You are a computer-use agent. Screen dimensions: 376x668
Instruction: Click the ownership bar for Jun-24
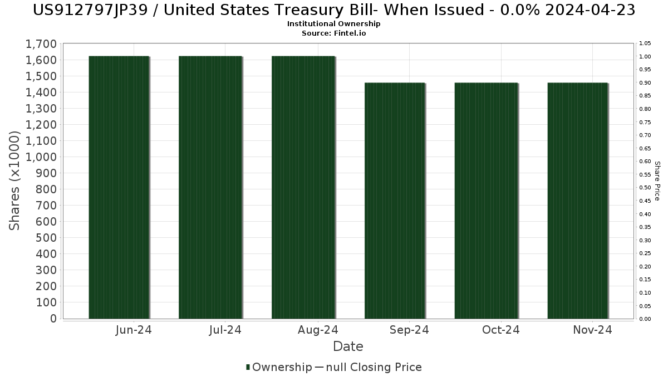pyautogui.click(x=119, y=187)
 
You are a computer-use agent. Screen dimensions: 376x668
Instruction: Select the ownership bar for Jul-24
pyautogui.click(x=210, y=187)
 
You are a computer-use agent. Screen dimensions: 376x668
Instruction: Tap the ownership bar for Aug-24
pyautogui.click(x=303, y=187)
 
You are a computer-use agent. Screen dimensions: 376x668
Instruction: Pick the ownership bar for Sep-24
pyautogui.click(x=395, y=201)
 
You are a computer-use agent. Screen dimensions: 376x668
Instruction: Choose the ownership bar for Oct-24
pyautogui.click(x=486, y=201)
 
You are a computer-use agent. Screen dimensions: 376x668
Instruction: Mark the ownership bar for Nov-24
pyautogui.click(x=578, y=201)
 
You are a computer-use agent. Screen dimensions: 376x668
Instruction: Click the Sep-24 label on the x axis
pyautogui.click(x=409, y=330)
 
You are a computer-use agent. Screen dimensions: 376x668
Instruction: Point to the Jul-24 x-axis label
pyautogui.click(x=225, y=330)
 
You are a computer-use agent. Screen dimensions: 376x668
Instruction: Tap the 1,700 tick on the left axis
pyautogui.click(x=41, y=44)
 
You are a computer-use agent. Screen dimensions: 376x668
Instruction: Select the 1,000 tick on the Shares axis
pyautogui.click(x=41, y=157)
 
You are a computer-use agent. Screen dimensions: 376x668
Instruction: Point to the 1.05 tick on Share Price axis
pyautogui.click(x=645, y=43)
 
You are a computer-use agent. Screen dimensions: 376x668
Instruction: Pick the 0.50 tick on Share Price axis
pyautogui.click(x=645, y=188)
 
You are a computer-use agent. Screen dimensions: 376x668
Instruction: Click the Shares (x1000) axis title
pyautogui.click(x=15, y=180)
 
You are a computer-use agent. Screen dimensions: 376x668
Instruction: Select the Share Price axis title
pyautogui.click(x=657, y=181)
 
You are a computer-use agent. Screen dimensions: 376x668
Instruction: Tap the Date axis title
pyautogui.click(x=348, y=346)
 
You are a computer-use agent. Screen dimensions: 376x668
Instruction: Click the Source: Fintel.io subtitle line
pyautogui.click(x=334, y=33)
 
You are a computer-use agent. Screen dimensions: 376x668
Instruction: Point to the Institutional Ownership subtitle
pyautogui.click(x=334, y=24)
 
